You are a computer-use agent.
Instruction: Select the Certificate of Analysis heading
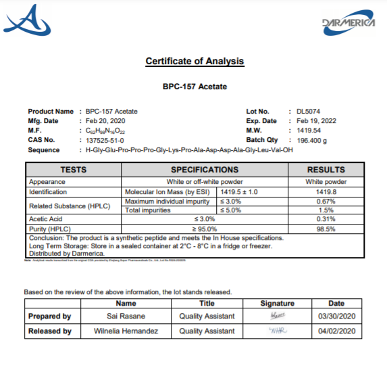[x=195, y=62]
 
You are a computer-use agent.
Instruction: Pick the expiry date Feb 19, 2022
[x=317, y=121]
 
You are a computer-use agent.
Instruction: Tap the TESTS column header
[x=74, y=170]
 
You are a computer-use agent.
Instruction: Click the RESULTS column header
[x=326, y=170]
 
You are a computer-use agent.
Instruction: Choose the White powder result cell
[x=326, y=182]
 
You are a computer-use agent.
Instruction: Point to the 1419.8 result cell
[x=326, y=192]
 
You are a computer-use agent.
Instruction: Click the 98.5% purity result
[x=326, y=229]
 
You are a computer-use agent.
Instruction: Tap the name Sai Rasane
[x=126, y=316]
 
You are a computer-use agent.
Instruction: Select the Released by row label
[x=49, y=331]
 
